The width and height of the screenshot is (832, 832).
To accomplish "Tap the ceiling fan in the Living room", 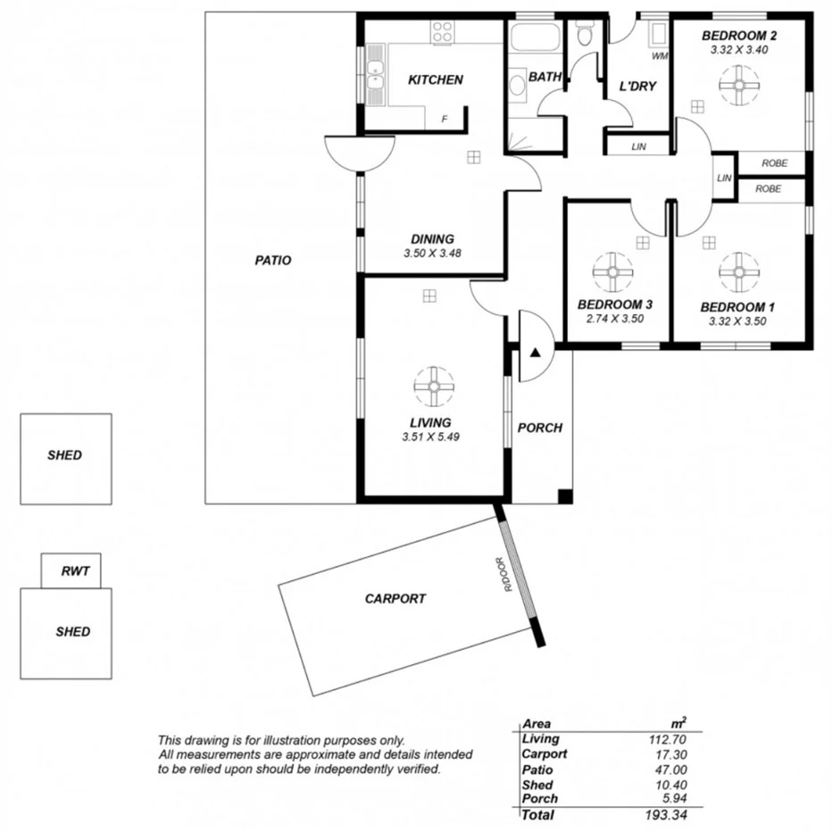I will (433, 386).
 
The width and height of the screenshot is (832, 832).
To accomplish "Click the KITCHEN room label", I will (435, 80).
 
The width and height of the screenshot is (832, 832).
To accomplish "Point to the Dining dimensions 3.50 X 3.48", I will (433, 254).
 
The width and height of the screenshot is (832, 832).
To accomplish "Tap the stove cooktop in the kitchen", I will (443, 33).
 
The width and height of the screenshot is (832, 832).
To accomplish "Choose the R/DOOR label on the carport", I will (505, 576).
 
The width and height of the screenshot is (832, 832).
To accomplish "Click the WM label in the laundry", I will (660, 56).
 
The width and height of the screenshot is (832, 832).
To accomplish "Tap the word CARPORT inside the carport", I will (395, 599).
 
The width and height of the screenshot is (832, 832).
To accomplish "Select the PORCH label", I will (540, 428).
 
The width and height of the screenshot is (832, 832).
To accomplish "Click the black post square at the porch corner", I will (563, 495).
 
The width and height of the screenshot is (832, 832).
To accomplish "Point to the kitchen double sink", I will (375, 75).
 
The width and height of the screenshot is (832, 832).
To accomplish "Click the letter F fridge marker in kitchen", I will (444, 119).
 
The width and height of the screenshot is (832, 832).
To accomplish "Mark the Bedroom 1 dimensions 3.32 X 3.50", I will (737, 321).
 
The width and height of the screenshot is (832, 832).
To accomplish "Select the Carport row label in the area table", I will (544, 754).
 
